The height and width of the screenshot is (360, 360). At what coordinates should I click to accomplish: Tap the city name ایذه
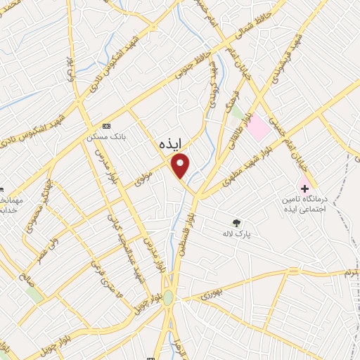169,143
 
